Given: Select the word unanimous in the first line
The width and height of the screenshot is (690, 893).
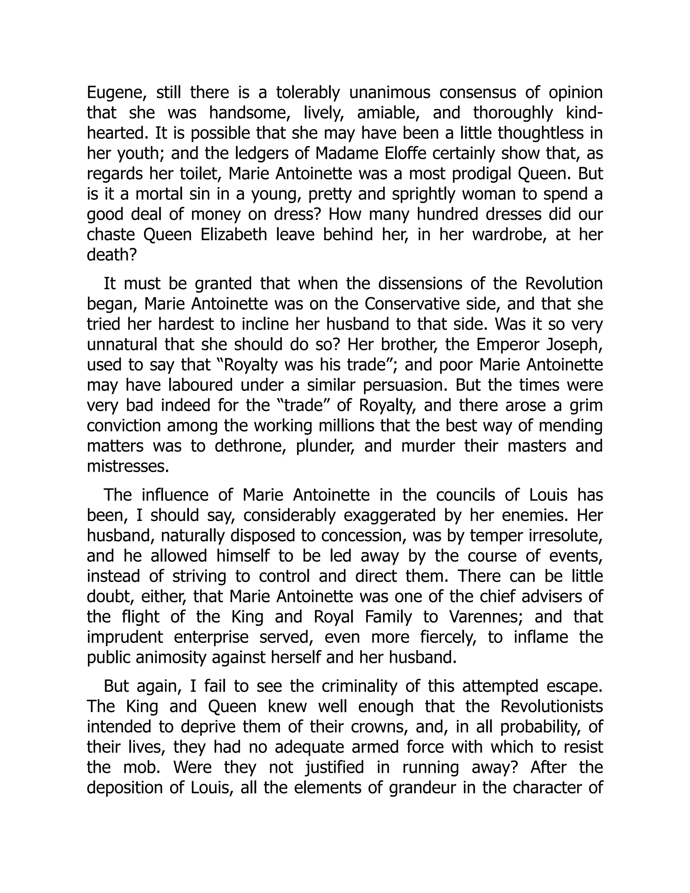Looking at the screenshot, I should pyautogui.click(x=389, y=93).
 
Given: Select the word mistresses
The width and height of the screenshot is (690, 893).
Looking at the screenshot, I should pyautogui.click(x=128, y=466).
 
